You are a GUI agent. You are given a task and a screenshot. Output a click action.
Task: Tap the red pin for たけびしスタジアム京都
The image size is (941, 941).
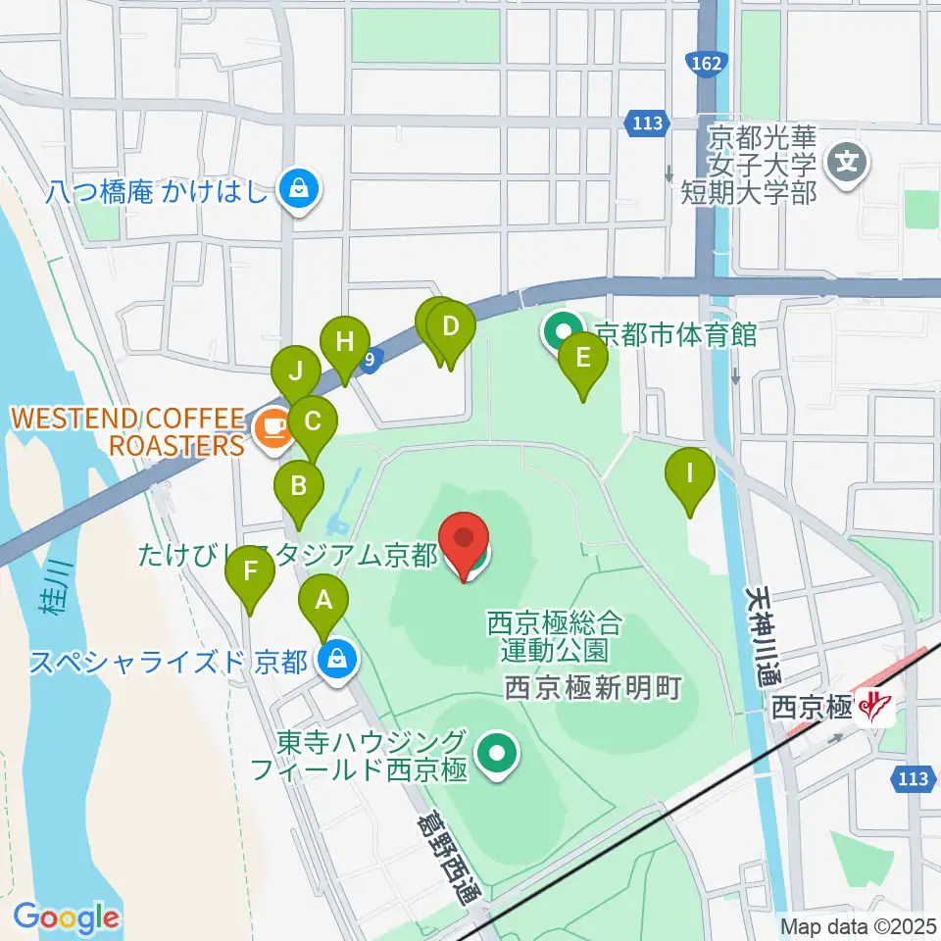pyautogui.click(x=466, y=545)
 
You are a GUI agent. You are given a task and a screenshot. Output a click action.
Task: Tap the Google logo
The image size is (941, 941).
pyautogui.click(x=66, y=917)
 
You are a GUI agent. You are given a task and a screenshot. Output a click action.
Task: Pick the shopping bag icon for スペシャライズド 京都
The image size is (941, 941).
pyautogui.click(x=337, y=659)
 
